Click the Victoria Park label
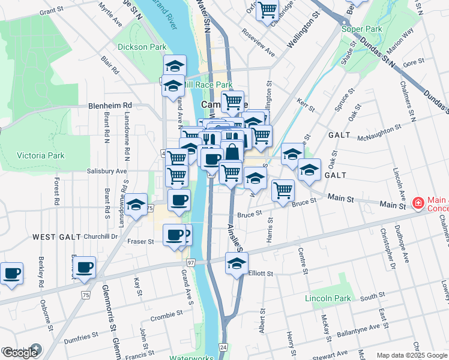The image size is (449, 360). point(40,155)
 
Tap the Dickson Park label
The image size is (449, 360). point(142,47)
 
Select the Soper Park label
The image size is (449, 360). point(361,29)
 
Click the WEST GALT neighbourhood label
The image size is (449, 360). point(56,237)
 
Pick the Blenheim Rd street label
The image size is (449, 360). point(110,105)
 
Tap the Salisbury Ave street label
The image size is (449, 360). point(106,171)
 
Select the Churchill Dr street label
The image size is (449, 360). point(100,236)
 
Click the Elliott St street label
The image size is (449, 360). point(261,273)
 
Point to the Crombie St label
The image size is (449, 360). point(166,315)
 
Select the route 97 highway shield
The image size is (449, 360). point(191,263)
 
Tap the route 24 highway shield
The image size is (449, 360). point(223,347)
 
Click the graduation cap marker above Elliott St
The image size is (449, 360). point(237,263)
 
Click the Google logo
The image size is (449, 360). point(20,353)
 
